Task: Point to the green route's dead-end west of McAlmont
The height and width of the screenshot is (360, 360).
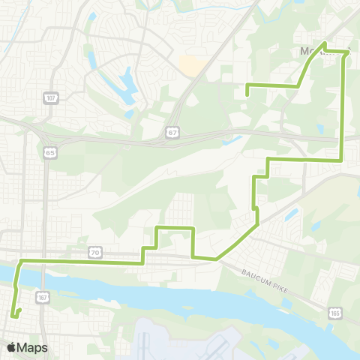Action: pyautogui.click(x=247, y=94)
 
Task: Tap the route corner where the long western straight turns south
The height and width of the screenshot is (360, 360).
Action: pyautogui.click(x=21, y=260)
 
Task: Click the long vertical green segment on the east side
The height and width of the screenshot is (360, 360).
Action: pyautogui.click(x=343, y=105)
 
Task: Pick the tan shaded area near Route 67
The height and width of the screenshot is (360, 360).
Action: pyautogui.click(x=191, y=67)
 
